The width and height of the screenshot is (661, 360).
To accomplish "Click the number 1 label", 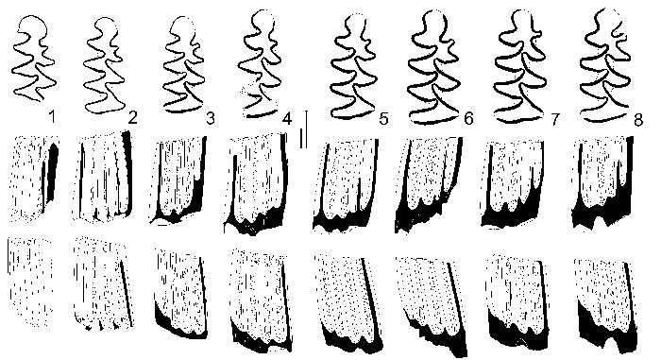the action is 51,117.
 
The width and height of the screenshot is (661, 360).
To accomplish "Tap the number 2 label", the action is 132,118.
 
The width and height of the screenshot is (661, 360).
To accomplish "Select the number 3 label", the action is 210,118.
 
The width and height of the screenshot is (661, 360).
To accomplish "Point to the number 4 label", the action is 287,118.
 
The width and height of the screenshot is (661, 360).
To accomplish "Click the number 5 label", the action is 383,119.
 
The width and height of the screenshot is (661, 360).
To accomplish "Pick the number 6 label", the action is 468,119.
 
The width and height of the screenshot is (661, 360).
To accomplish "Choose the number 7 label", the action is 554,120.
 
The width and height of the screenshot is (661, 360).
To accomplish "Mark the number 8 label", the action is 638,120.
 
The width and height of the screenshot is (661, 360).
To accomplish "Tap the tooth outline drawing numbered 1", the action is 34,60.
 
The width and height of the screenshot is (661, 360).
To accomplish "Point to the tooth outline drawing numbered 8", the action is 605,65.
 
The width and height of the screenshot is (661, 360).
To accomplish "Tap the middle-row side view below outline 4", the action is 258,183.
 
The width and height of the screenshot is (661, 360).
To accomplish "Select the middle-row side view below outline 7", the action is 512,184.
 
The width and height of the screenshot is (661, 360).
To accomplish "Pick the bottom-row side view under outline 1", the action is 30,281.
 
